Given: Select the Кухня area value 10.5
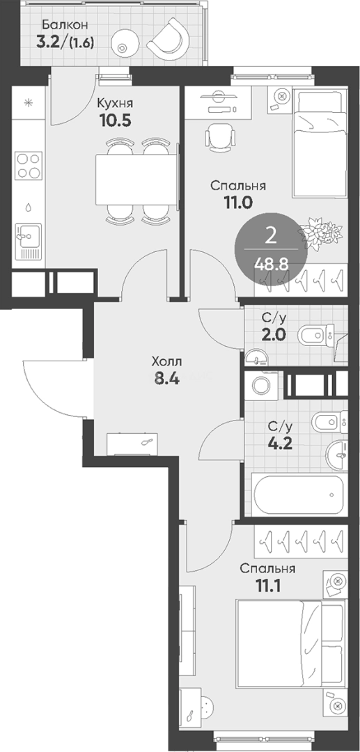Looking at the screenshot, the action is coord(116,120).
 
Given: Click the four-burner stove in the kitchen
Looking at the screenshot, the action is coord(27,166).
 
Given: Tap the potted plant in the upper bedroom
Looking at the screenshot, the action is coord(320,233).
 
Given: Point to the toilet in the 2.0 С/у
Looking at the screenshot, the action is coord(317,334).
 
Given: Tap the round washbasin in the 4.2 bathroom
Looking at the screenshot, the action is coord(337,453).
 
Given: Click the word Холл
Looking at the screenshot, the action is coord(167,361).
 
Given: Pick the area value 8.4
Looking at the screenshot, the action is coord(166,379).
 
